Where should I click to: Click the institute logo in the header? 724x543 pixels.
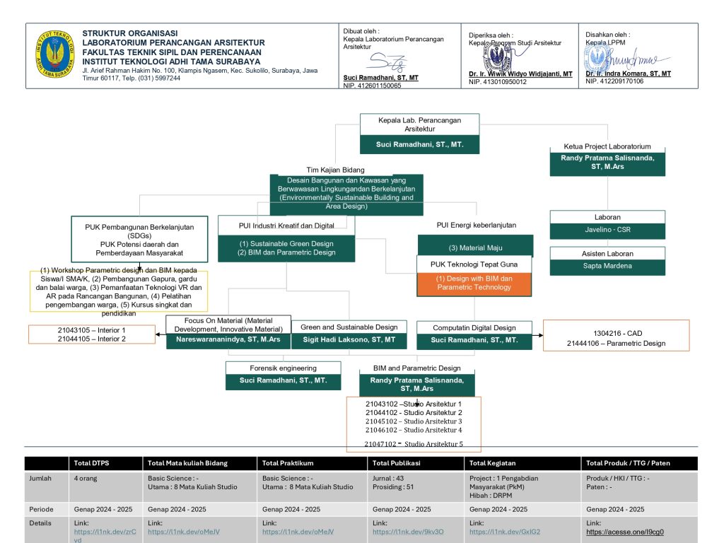[x=54, y=54]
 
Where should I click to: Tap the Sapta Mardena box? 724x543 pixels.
[x=607, y=267]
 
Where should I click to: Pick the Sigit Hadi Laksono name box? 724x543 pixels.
[x=349, y=340]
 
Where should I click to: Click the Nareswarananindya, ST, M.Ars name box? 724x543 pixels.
[x=228, y=340]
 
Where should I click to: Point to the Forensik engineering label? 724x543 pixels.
[x=283, y=368]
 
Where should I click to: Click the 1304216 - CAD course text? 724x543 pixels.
[x=617, y=334]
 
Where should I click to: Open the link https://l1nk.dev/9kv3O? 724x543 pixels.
[x=408, y=532]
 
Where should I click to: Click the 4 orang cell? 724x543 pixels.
[x=86, y=479]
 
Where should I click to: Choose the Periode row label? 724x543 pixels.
[x=41, y=509]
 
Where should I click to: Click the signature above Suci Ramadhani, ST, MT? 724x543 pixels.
[x=388, y=62]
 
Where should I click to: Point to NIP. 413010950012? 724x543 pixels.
[x=497, y=82]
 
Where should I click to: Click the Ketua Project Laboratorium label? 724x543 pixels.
[x=607, y=146]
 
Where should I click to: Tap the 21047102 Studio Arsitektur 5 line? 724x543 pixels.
[x=413, y=444]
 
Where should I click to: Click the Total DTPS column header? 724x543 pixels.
[x=91, y=463]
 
